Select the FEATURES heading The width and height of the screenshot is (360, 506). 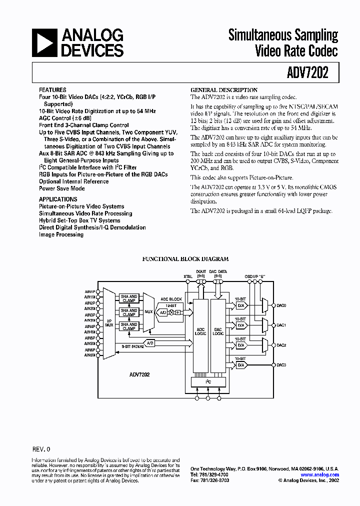pyautogui.click(x=52, y=90)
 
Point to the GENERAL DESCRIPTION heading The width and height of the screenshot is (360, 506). pyautogui.click(x=224, y=90)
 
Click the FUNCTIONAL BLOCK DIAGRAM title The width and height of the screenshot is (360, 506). pyautogui.click(x=185, y=259)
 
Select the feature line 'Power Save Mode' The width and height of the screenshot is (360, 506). pyautogui.click(x=62, y=188)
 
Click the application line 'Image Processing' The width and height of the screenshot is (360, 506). pyautogui.click(x=61, y=234)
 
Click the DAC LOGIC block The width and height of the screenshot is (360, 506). pyautogui.click(x=218, y=331)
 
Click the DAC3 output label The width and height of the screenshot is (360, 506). pyautogui.click(x=281, y=365)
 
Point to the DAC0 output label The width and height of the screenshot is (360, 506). pyautogui.click(x=281, y=305)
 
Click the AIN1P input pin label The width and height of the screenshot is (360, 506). pyautogui.click(x=90, y=291)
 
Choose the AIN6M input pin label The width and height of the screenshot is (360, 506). pyautogui.click(x=90, y=355)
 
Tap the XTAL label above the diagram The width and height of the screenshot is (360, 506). pyautogui.click(x=187, y=276)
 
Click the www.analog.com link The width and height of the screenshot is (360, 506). pyautogui.click(x=320, y=475)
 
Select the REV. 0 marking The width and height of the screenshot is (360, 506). pyautogui.click(x=41, y=449)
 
